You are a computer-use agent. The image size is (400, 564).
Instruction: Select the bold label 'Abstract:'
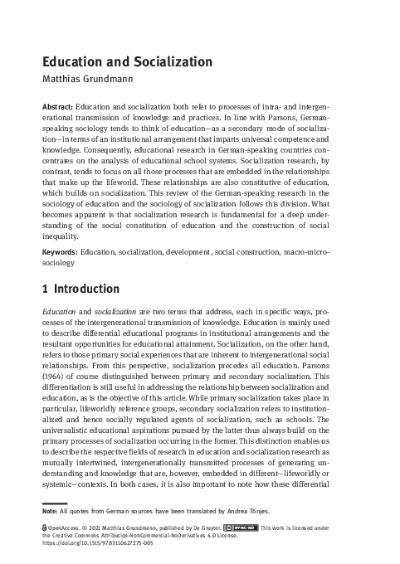pyautogui.click(x=57, y=108)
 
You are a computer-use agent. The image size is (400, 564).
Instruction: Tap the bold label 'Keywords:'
pyautogui.click(x=59, y=251)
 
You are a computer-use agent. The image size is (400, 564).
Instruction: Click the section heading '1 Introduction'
pyautogui.click(x=80, y=289)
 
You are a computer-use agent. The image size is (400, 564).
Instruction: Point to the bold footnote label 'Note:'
pyautogui.click(x=51, y=512)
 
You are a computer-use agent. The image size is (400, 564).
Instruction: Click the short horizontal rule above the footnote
pyautogui.click(x=54, y=503)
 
